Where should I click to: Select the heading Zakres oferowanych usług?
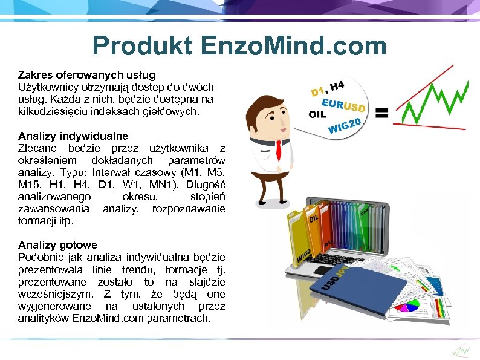pos(86,75)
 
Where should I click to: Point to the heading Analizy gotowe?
pos(57,245)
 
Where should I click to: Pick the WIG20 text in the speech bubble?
pos(345,127)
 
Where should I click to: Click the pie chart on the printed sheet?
pos(411,306)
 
